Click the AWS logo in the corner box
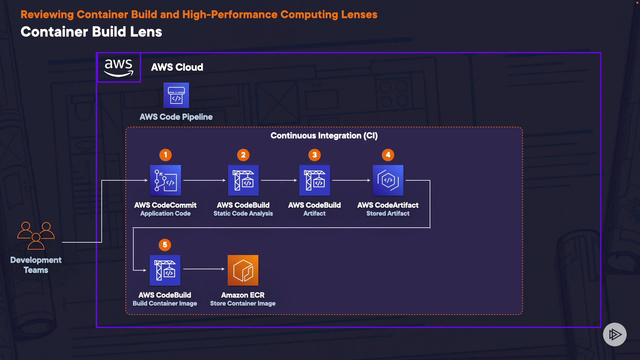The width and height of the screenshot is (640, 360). [x=119, y=68]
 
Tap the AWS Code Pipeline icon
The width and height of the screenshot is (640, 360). [x=176, y=95]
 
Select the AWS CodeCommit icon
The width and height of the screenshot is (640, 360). [x=165, y=180]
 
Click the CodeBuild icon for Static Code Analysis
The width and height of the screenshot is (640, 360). [x=243, y=180]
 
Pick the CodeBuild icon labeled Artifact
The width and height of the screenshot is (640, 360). [x=315, y=180]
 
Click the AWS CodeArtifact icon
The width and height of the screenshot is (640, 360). [x=388, y=180]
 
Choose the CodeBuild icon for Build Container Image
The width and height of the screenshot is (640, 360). [x=165, y=270]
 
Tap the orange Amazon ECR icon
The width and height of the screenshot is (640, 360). [x=243, y=270]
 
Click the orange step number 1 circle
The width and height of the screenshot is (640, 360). [x=166, y=155]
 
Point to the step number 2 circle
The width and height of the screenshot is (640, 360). [x=243, y=155]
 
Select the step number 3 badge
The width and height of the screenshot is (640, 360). [x=315, y=155]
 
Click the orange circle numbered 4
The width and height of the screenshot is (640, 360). [x=388, y=155]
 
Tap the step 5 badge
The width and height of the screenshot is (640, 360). [x=165, y=245]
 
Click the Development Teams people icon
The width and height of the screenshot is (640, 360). [x=36, y=236]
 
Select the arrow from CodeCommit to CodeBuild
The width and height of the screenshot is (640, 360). [x=204, y=180]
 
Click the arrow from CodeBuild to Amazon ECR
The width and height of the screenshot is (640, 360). [x=204, y=269]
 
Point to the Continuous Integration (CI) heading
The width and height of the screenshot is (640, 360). [x=324, y=136]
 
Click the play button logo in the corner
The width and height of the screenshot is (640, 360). [x=615, y=334]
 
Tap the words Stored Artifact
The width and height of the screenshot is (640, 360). [x=388, y=213]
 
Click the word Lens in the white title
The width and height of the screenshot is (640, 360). [x=146, y=32]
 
